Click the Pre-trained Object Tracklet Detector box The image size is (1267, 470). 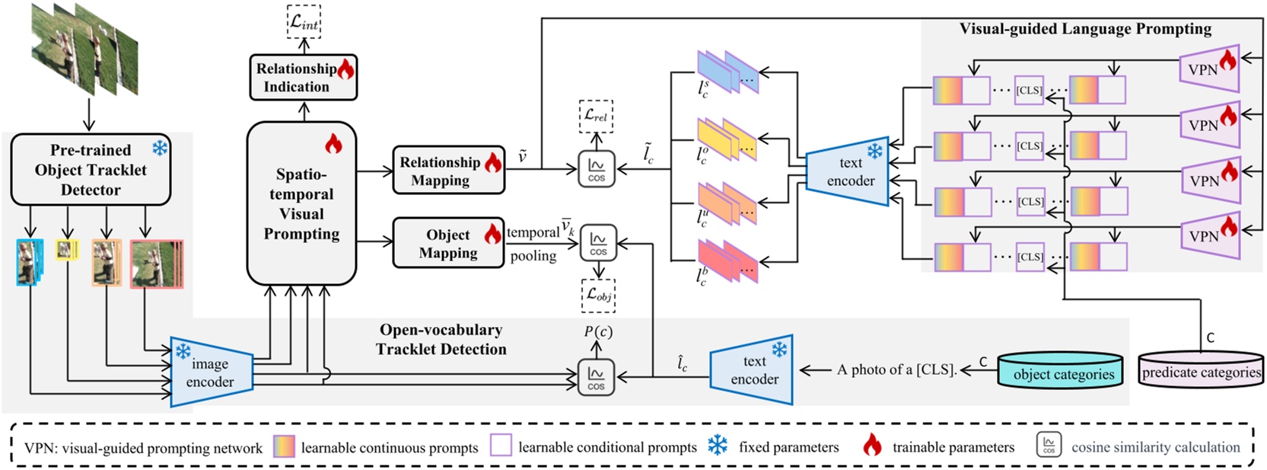(91, 169)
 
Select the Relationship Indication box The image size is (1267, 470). (303, 78)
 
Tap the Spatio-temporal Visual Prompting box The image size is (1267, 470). (301, 203)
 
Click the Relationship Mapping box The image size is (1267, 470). (448, 170)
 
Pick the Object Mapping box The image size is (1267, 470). (448, 243)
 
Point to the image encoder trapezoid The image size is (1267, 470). (211, 372)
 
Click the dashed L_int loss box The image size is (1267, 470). (304, 22)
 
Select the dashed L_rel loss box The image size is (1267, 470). (596, 116)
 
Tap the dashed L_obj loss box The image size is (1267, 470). (598, 296)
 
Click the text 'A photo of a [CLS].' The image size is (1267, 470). (896, 370)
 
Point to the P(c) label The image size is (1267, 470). (598, 331)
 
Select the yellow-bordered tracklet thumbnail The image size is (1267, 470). (68, 249)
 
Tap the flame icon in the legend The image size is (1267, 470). (872, 446)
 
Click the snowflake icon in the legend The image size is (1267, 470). (718, 446)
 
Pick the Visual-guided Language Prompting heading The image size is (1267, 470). (1085, 29)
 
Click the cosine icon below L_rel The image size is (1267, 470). (597, 168)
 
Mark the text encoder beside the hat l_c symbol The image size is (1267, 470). (752, 370)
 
